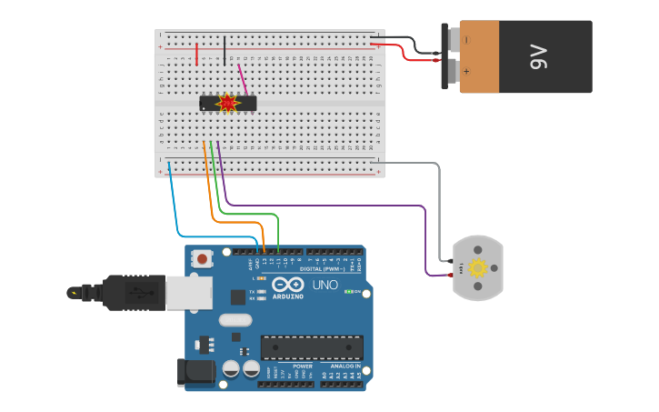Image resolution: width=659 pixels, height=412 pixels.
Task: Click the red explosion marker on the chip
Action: click(x=227, y=103)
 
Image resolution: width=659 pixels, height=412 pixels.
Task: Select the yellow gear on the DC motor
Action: click(x=476, y=266)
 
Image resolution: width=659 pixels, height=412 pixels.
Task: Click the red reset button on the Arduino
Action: click(x=202, y=259)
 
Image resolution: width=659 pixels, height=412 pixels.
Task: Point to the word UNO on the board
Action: click(x=325, y=285)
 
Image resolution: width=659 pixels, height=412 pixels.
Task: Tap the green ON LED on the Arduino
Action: click(x=348, y=292)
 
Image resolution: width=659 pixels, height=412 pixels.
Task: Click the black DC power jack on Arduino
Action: click(x=195, y=370)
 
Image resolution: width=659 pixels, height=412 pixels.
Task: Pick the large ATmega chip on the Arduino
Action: click(x=312, y=347)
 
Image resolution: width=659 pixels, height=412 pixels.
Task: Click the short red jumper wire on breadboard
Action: click(x=196, y=53)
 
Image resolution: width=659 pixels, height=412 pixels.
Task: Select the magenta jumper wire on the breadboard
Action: click(x=242, y=79)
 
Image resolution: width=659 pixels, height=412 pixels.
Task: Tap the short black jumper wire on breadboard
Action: click(x=225, y=50)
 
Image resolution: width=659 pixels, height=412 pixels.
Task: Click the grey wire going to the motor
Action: click(x=439, y=209)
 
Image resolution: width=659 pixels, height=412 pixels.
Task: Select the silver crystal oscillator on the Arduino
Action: click(x=235, y=319)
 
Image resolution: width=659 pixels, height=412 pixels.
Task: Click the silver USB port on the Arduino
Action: click(x=189, y=292)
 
